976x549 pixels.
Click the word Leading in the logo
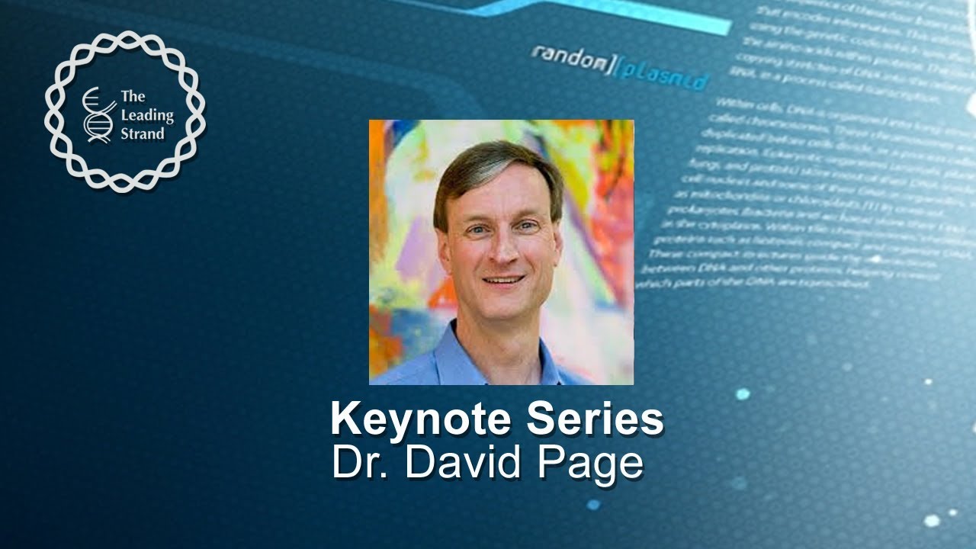point(147,115)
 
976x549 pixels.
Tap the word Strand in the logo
point(142,134)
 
